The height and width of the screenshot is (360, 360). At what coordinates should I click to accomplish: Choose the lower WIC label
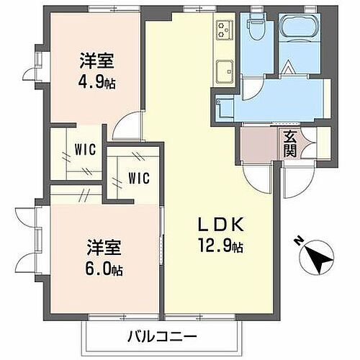click(139, 177)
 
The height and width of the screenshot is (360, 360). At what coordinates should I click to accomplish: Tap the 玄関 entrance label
click(289, 144)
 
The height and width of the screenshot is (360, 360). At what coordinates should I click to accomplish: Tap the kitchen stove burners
click(223, 30)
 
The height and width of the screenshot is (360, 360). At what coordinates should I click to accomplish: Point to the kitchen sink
click(223, 71)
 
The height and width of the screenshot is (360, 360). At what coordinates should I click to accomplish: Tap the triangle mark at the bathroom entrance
click(287, 69)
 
